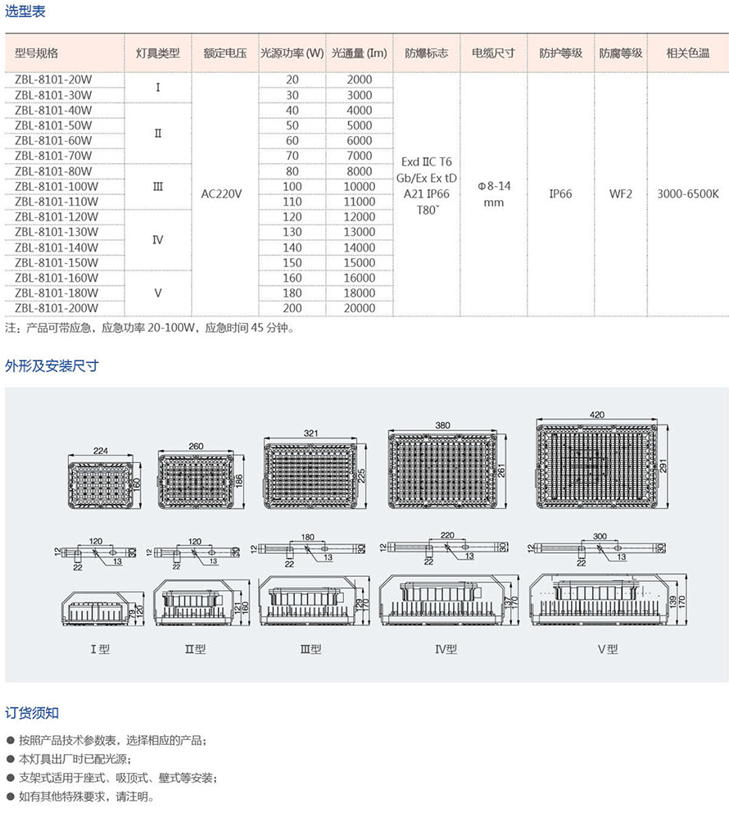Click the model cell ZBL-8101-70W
point(53,156)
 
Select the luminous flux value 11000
point(359,202)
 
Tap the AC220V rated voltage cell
point(224,194)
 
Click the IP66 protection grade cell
point(560,194)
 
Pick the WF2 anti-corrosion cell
point(620,194)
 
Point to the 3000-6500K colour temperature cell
point(687,194)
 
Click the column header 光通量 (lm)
point(359,53)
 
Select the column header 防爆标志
point(426,53)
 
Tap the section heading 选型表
point(25,11)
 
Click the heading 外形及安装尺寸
point(52,366)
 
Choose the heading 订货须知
point(32,713)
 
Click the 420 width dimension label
point(596,416)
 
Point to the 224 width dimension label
point(101,451)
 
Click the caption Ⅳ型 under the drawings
point(445,649)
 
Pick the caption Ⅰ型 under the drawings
point(100,649)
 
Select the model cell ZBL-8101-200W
point(57,308)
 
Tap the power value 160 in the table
point(292,278)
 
